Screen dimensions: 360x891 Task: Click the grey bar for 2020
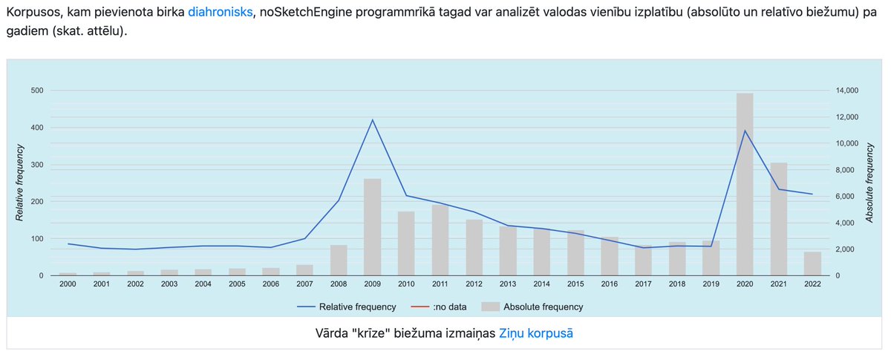coord(745,186)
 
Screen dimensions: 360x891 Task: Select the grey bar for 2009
coord(372,227)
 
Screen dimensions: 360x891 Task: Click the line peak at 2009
coord(372,120)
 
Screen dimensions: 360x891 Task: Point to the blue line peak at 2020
coord(745,131)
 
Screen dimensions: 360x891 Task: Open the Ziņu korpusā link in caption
coord(536,333)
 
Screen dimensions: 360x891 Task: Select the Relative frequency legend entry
coord(347,307)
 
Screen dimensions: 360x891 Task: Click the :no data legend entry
coord(440,307)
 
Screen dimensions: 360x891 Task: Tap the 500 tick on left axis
coord(36,91)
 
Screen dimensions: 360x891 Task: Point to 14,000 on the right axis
coord(846,91)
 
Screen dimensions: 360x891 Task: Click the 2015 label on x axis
coord(576,286)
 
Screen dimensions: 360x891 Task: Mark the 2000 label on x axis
coord(68,286)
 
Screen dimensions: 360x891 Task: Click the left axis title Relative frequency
coord(20,183)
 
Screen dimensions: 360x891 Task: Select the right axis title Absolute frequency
coord(870,183)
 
